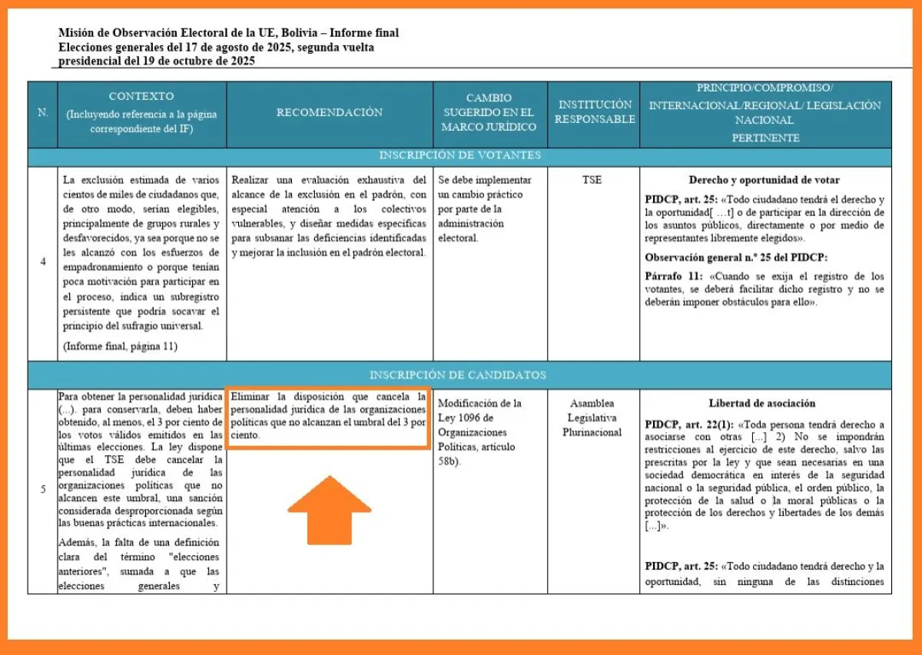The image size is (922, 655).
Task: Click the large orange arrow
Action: [330, 510]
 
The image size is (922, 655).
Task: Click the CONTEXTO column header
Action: [141, 113]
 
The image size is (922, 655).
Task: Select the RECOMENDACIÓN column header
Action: [330, 112]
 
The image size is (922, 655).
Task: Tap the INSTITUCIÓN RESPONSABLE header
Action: [595, 112]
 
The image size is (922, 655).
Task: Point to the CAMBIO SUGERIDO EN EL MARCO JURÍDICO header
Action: [489, 112]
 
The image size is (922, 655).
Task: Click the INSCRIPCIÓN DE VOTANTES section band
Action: [459, 155]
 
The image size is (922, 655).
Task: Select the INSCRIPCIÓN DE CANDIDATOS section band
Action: [459, 375]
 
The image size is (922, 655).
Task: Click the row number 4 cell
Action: [42, 261]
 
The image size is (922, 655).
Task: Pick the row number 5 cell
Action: [42, 489]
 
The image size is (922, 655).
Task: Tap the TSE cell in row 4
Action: [592, 180]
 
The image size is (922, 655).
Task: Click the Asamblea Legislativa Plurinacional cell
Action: [593, 417]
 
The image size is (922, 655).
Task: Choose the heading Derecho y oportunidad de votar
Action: [764, 180]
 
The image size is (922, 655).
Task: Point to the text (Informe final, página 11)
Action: [121, 346]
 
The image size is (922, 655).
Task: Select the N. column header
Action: [42, 113]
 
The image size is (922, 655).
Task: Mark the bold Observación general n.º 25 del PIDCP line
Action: [736, 258]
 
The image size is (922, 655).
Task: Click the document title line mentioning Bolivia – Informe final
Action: [228, 33]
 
